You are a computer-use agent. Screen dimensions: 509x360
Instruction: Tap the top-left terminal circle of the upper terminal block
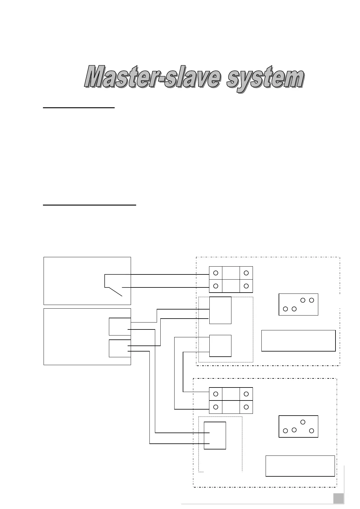point(216,273)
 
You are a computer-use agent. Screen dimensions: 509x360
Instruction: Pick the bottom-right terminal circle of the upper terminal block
point(246,286)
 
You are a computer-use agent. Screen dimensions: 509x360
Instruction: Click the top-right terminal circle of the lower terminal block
point(246,394)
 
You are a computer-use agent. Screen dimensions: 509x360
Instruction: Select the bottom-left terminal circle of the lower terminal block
point(216,407)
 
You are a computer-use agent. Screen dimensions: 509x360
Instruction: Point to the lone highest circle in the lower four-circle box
point(303,422)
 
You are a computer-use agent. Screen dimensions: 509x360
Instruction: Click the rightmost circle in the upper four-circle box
point(312,300)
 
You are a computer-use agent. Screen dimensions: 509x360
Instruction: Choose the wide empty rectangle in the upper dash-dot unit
point(298,341)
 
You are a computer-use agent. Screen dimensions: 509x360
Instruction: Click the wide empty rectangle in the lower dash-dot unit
point(300,465)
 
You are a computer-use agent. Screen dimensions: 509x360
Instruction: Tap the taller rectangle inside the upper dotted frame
point(220,310)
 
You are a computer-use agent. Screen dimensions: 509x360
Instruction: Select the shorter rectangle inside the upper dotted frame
point(220,345)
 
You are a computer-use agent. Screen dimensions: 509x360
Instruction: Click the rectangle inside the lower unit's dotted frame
point(215,435)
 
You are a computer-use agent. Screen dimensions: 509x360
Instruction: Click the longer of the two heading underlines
point(90,205)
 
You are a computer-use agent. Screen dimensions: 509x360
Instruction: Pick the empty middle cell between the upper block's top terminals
point(231,273)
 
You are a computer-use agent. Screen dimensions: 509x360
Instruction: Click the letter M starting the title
point(96,77)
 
